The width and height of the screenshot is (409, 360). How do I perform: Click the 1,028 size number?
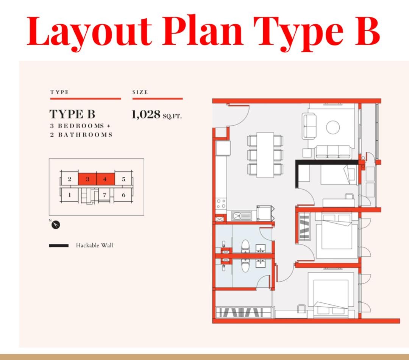coord(146,114)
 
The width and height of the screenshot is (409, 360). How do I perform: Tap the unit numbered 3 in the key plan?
coord(87,179)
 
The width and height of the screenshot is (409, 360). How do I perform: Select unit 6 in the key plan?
coord(123,195)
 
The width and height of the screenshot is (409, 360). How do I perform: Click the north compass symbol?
coord(56,225)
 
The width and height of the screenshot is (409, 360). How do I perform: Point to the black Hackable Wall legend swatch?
coord(59,246)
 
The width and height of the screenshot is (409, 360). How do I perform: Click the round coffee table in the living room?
coord(333,128)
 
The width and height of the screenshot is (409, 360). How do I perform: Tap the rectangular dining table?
coord(265,155)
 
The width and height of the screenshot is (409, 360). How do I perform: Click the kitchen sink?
coord(242,216)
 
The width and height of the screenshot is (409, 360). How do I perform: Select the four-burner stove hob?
coord(221,204)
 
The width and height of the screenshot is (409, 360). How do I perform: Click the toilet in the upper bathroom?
coord(245,246)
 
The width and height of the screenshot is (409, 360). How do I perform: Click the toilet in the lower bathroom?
coord(245,265)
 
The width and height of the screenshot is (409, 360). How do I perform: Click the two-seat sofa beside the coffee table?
coord(309,126)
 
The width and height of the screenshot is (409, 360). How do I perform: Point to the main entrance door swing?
coord(239,115)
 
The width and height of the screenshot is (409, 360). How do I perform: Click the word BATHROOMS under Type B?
coord(85,135)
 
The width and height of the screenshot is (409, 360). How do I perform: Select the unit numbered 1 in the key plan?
coord(69,195)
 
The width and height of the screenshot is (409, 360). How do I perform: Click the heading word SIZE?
coord(140,92)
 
